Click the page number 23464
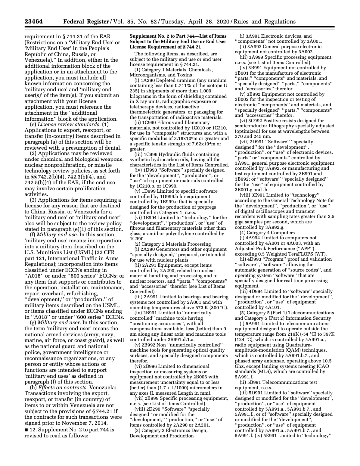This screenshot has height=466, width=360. coord(33,22)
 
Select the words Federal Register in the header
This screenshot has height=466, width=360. coord(86,22)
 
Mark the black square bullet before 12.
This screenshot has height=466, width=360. coord(26,429)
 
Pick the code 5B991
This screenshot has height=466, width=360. coord(254,382)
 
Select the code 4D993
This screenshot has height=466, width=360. coord(253,259)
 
